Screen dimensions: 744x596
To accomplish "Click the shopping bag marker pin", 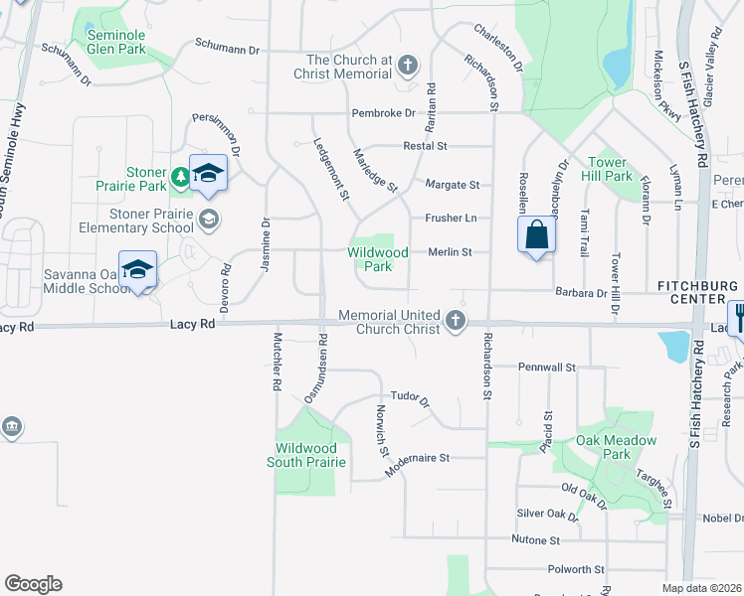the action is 536,236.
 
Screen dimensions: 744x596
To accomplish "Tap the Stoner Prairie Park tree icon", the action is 180,176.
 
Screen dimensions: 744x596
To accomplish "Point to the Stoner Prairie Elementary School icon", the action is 208,219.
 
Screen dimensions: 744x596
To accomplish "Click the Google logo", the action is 33,584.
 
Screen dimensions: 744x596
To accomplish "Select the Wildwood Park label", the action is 377,259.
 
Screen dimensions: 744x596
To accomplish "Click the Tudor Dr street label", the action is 409,399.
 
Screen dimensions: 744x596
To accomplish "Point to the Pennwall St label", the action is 547,367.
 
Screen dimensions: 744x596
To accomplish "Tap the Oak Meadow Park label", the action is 617,447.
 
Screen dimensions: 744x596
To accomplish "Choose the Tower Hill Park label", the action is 609,169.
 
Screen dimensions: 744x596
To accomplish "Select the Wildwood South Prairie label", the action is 306,455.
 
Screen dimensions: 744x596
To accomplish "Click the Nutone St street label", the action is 535,540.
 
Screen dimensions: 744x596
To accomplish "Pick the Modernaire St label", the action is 418,458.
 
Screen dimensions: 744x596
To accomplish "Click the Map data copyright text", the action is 702,588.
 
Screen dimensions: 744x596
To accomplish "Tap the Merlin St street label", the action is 450,252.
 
